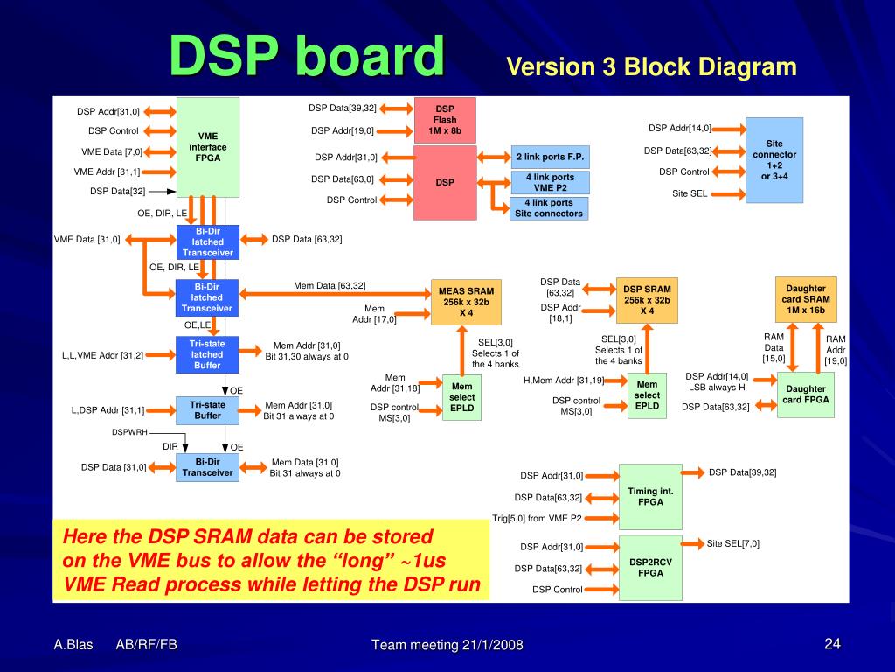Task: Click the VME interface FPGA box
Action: (x=208, y=147)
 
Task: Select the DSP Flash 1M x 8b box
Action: (x=445, y=120)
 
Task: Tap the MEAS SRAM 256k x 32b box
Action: (x=466, y=302)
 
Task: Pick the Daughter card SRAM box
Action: (x=805, y=299)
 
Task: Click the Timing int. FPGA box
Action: (x=650, y=497)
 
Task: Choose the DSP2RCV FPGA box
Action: (x=650, y=567)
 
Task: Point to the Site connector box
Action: (x=774, y=159)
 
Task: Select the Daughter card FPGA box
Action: (x=805, y=395)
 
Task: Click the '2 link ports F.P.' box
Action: (x=550, y=157)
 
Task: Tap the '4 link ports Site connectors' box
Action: (x=549, y=208)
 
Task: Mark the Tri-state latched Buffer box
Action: (x=207, y=354)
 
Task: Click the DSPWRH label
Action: (x=129, y=432)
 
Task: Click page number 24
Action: (x=832, y=645)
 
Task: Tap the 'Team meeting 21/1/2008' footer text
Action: (x=447, y=646)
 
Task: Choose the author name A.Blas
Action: (x=73, y=645)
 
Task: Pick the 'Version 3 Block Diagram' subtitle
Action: (x=652, y=67)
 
